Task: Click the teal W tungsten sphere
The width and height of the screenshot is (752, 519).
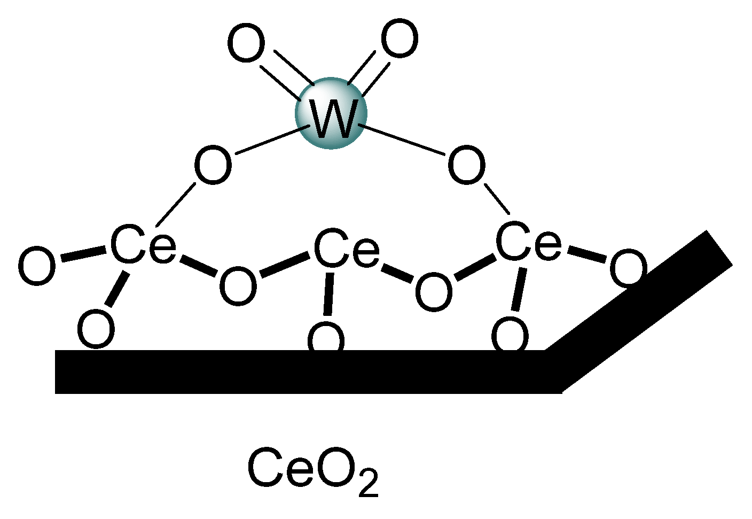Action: (x=331, y=113)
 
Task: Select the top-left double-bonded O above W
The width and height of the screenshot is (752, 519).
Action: (x=246, y=43)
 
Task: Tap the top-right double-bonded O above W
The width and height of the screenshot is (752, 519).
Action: (x=399, y=40)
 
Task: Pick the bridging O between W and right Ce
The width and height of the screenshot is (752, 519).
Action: (x=466, y=165)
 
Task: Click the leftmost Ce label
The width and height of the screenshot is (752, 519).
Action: (x=143, y=245)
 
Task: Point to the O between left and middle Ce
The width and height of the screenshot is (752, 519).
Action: (x=238, y=286)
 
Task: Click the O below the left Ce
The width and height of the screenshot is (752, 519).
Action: (x=96, y=328)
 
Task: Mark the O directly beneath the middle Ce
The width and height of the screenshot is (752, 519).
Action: (x=326, y=338)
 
